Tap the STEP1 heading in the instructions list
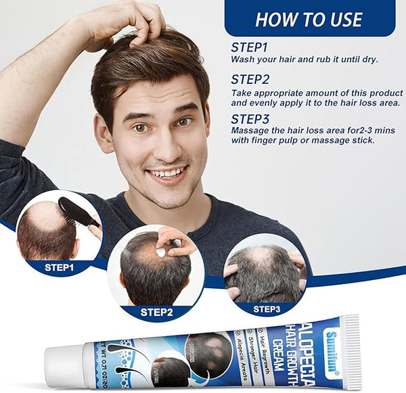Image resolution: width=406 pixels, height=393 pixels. (x=250, y=47)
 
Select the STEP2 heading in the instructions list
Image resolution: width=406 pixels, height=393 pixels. (x=250, y=79)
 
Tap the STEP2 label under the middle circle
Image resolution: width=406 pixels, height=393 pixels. (x=156, y=313)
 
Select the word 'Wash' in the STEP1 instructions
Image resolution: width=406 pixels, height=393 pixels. (x=243, y=60)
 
